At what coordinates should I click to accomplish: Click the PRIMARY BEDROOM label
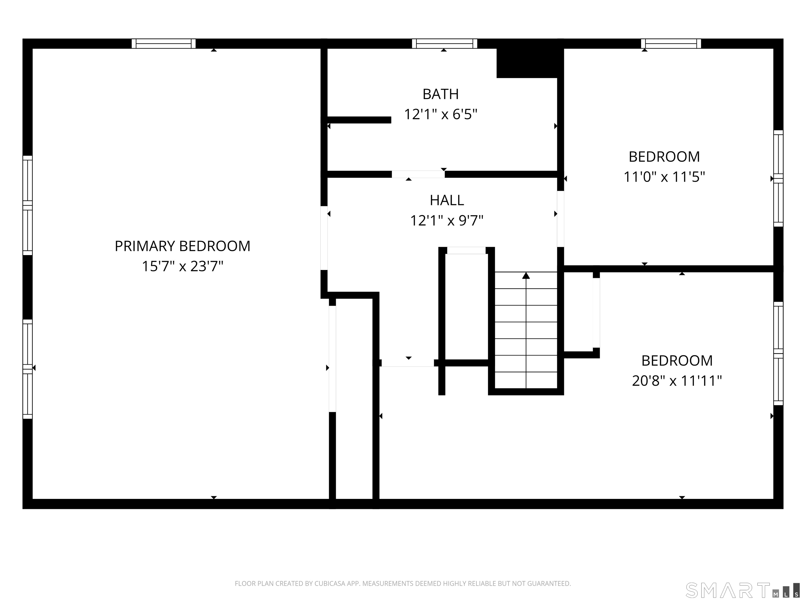click(x=183, y=246)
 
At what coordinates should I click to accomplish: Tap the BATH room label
click(x=441, y=94)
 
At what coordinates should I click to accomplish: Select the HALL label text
click(x=447, y=200)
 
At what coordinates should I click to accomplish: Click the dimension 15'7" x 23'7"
click(x=183, y=266)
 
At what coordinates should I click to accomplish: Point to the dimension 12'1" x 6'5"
click(x=441, y=114)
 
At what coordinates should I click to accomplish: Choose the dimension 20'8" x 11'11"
click(x=677, y=381)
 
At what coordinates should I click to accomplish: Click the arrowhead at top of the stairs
click(x=526, y=276)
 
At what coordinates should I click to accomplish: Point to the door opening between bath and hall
click(x=418, y=174)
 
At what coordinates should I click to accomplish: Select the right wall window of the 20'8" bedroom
click(x=778, y=353)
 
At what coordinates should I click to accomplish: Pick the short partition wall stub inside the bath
click(x=359, y=120)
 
